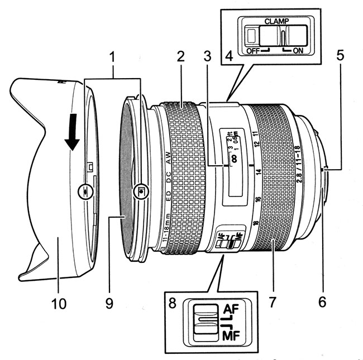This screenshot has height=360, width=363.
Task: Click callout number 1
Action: tap(113, 57)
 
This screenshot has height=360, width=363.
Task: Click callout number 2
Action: tap(180, 57)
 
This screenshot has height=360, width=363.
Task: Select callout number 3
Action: tap(208, 57)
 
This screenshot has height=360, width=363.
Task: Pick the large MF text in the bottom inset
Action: tap(232, 336)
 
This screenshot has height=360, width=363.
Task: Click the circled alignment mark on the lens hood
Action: tap(84, 190)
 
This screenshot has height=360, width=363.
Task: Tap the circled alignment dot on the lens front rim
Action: tap(142, 190)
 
